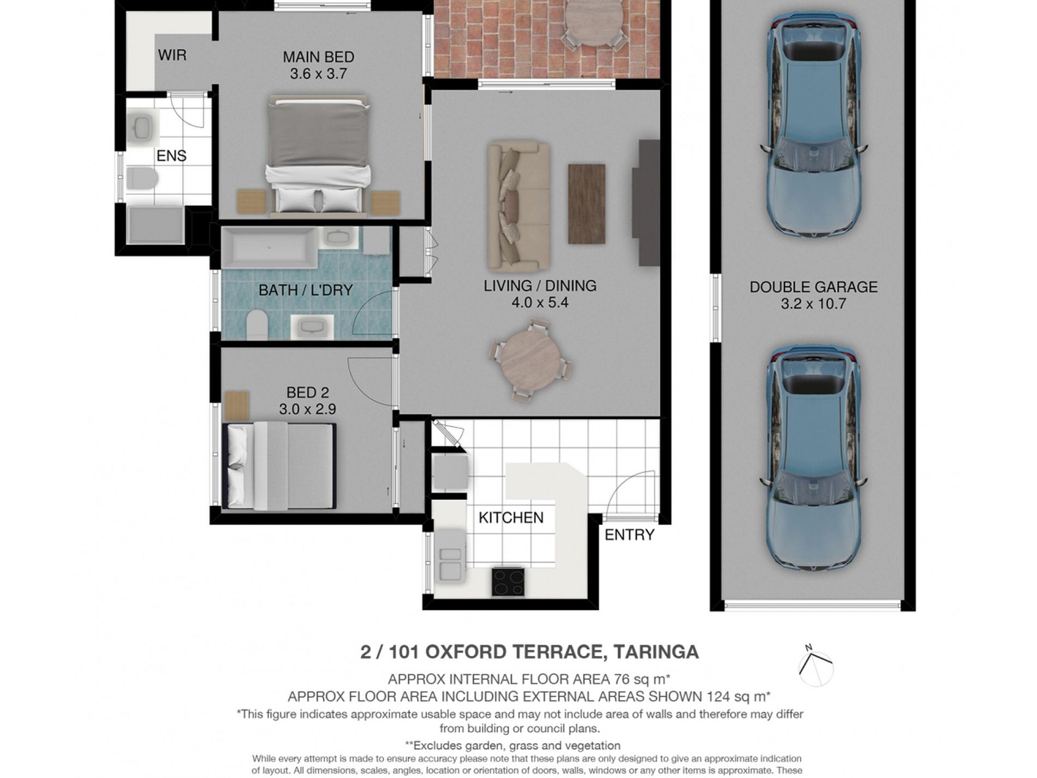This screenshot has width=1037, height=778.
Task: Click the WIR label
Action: (x=172, y=55)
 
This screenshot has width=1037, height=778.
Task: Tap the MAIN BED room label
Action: (x=318, y=57)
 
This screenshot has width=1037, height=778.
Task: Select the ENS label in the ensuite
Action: (x=171, y=156)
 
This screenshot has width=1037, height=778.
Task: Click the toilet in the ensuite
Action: (x=142, y=178)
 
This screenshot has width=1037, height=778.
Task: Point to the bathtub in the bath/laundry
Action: (x=269, y=247)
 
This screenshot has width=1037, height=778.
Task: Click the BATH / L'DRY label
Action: (x=306, y=290)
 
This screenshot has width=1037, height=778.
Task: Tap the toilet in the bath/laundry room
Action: (x=257, y=325)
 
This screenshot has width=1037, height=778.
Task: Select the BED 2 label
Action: (x=308, y=393)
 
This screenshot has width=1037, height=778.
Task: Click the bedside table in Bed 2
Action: (x=237, y=406)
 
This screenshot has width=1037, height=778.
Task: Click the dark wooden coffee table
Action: (x=587, y=204)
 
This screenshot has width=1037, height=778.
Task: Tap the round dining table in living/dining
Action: (x=531, y=360)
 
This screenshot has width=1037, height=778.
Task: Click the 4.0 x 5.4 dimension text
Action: (x=540, y=302)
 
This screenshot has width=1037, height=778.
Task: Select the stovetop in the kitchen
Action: (x=508, y=581)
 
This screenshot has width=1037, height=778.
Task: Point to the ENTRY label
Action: (x=629, y=535)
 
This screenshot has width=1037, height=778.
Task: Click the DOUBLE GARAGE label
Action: (x=813, y=287)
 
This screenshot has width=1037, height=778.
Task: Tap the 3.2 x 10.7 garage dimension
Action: (x=813, y=304)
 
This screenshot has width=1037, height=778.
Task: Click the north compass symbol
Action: (x=816, y=666)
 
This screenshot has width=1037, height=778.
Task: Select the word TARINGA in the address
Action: (x=656, y=652)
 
